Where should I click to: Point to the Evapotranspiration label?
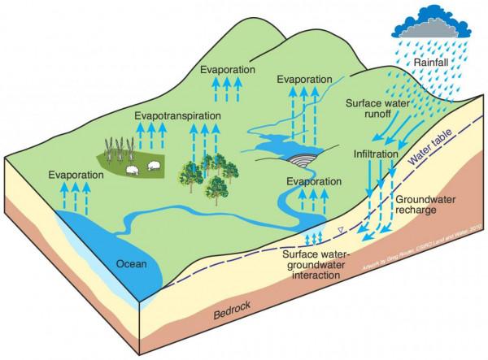coord(178,116)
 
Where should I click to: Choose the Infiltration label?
coord(376,153)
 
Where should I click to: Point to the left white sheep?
coord(133,170)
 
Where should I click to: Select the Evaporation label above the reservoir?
coord(305,80)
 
